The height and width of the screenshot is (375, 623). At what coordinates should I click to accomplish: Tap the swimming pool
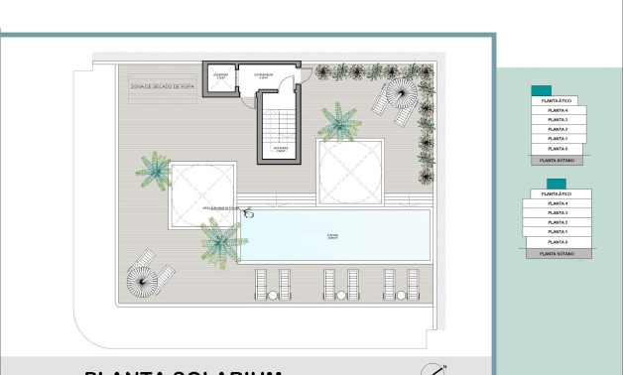(x=335, y=236)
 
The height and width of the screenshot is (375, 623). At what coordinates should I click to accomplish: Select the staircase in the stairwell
(x=279, y=123)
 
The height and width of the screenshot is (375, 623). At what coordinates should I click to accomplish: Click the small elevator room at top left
(x=220, y=78)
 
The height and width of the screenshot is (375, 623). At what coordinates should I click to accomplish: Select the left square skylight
(x=202, y=194)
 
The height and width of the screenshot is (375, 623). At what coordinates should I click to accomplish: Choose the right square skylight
(x=349, y=170)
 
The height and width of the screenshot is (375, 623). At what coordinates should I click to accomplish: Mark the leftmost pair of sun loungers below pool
(x=273, y=284)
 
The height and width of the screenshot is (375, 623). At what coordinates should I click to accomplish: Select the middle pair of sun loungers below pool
(x=339, y=284)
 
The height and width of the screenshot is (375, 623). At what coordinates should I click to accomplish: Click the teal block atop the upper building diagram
(x=543, y=89)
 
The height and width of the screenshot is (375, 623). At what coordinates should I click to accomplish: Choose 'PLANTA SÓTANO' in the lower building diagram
(x=558, y=254)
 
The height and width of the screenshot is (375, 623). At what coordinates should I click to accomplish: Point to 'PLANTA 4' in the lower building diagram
(x=558, y=204)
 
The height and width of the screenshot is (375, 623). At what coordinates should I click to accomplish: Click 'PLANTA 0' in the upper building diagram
(x=558, y=149)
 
